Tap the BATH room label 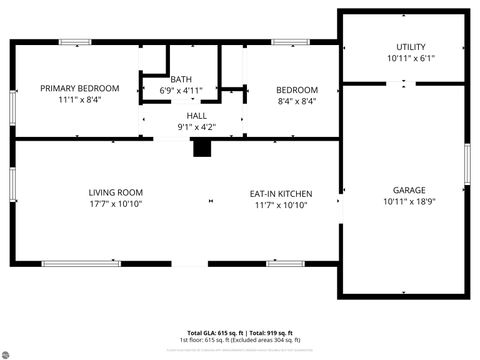point(181,79)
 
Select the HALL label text point(196,116)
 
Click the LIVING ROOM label point(116,192)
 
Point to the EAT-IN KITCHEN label point(281,193)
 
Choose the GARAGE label point(409,189)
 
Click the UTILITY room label point(411,47)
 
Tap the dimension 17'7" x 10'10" point(116,204)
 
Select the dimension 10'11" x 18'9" point(409,201)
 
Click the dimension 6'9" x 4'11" point(181,90)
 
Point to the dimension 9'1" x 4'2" point(196,127)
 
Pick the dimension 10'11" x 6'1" point(411,58)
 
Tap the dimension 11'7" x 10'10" point(281,205)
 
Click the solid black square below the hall point(202,148)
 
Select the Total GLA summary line point(240,332)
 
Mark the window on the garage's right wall point(466,164)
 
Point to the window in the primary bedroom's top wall point(76,42)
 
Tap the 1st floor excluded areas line point(240,340)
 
